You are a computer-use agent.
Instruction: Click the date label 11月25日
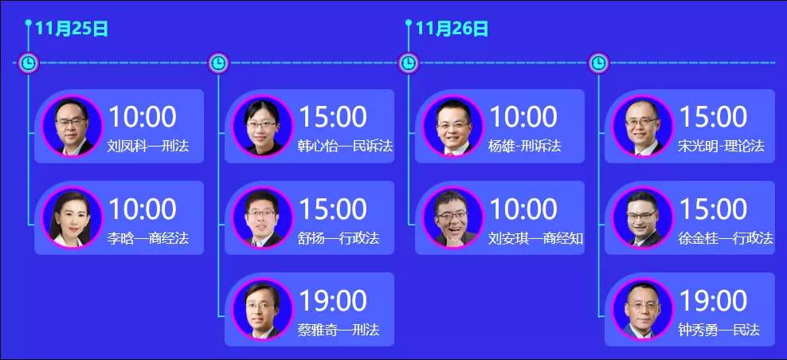pos(72,29)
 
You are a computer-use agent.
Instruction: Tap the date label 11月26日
pos(452,29)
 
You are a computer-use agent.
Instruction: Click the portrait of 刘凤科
pos(72,126)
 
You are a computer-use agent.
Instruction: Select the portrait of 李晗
pos(72,218)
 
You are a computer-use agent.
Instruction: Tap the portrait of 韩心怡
pos(262,126)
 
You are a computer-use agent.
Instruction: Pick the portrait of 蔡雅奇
pos(262,309)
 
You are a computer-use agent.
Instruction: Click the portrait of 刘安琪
pos(452,218)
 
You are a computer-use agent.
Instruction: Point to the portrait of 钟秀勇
pos(643,309)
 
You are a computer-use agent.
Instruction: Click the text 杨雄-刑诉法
pos(524,146)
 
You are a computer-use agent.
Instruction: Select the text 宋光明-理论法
pos(721,146)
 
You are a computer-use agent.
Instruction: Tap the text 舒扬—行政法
pos(339,238)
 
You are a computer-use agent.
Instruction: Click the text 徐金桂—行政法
pos(725,238)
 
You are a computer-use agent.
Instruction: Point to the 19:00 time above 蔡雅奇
pos(333,301)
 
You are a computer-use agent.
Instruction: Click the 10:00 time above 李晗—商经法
pos(143,209)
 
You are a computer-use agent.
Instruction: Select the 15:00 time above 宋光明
pos(713,117)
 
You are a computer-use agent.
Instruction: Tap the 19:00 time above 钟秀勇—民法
pos(713,301)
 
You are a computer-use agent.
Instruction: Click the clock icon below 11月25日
pos(29,63)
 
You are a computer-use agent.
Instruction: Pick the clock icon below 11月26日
pos(409,63)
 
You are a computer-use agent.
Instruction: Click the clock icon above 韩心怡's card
pos(218,63)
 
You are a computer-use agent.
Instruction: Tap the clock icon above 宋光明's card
pos(598,63)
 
